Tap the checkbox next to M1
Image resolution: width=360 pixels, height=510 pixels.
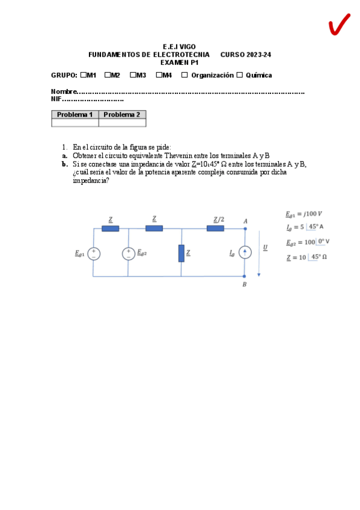[x=83, y=75]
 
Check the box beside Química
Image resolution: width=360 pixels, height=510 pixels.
[x=239, y=75]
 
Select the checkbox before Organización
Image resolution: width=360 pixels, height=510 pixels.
[x=185, y=75]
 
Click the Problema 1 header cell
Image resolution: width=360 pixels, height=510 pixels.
[x=75, y=114]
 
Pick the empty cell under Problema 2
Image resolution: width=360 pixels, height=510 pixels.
[x=122, y=123]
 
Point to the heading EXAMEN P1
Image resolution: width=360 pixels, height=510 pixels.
[x=179, y=62]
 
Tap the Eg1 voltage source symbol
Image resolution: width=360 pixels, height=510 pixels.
[x=94, y=254]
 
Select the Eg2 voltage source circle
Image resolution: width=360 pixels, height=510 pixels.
[x=128, y=254]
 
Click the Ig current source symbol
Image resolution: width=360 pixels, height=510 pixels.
[x=245, y=253]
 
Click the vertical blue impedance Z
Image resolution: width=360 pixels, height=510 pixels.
[x=181, y=253]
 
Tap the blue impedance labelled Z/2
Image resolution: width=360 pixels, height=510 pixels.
[x=215, y=229]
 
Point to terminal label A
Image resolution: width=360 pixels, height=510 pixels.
[x=245, y=221]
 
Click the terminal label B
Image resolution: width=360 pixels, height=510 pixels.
[x=244, y=284]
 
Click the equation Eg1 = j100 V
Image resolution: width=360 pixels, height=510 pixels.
[x=304, y=214]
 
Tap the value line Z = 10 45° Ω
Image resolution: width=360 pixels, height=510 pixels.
[x=307, y=257]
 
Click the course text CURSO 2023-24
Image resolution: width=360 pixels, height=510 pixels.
[x=245, y=55]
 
